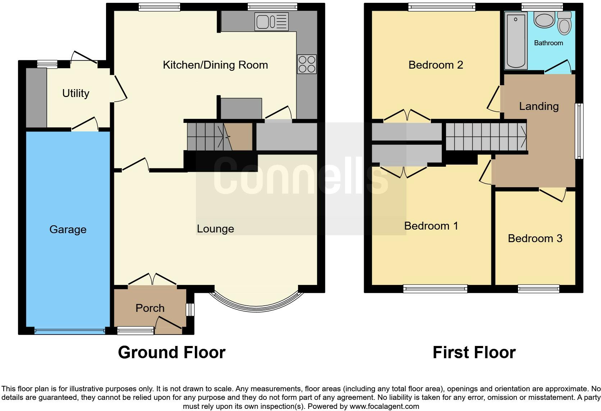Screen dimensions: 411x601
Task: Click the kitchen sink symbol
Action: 271,22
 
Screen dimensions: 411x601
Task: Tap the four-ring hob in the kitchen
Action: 307,64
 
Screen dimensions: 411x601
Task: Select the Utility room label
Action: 75,93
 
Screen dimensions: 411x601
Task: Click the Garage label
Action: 68,230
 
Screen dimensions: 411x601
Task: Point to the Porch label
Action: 150,308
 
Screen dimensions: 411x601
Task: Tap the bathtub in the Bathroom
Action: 516,40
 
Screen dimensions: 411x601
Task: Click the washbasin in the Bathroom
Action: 545,19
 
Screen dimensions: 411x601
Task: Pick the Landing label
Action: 539,106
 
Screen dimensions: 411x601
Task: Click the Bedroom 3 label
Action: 535,239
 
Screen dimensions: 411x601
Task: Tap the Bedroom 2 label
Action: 436,65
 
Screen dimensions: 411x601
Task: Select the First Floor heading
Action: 474,352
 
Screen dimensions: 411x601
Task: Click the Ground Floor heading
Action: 171,352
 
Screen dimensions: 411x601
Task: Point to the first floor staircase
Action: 486,137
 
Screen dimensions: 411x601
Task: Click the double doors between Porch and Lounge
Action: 152,280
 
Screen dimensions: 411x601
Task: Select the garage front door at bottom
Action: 70,331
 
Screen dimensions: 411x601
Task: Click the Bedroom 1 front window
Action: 435,288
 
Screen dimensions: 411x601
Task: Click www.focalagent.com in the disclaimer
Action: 384,407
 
